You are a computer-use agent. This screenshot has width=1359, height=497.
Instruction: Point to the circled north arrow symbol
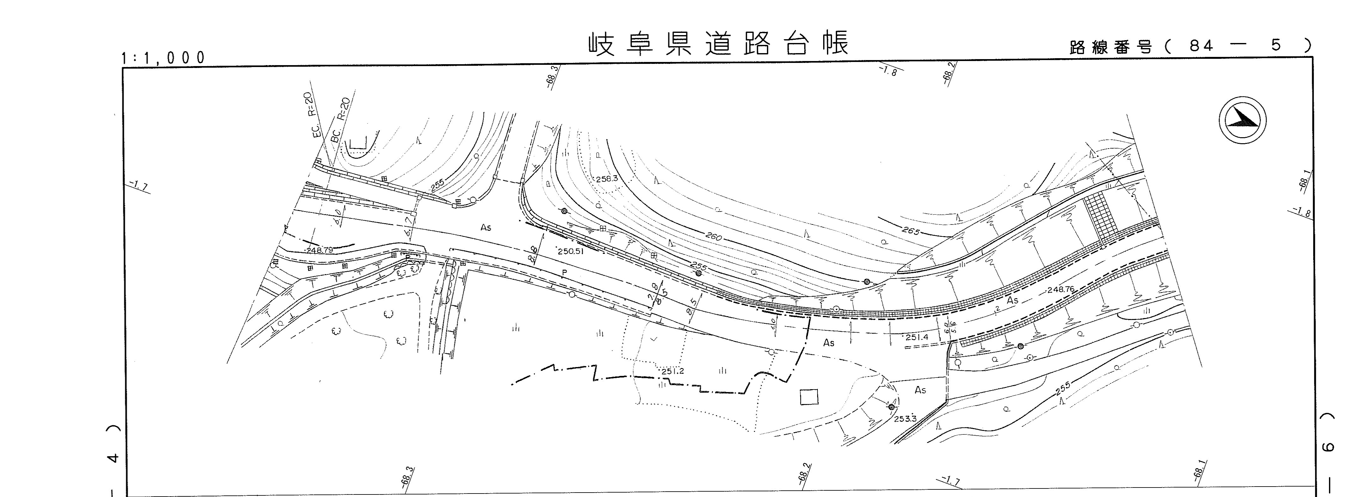1242,120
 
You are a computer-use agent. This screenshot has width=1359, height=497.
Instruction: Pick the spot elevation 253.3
905,419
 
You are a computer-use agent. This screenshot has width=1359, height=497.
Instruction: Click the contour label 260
713,237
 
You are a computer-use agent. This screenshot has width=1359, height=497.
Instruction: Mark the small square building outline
809,397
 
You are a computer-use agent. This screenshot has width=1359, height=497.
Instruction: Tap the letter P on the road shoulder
564,272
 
